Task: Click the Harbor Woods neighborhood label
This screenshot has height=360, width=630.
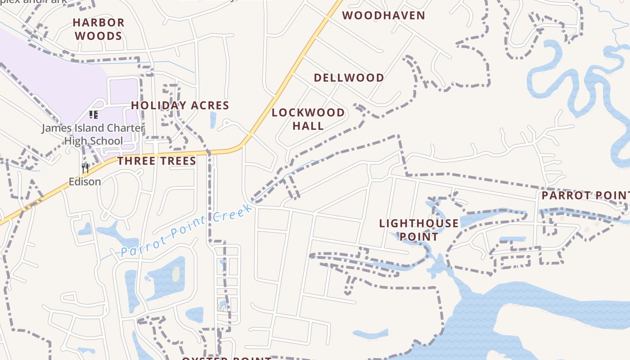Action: pos(98,29)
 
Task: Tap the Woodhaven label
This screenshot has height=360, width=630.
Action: pos(383,15)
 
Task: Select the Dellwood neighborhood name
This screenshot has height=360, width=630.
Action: pos(349,77)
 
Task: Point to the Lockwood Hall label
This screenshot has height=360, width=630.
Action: pos(308,119)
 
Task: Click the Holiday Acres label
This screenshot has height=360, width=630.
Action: pos(180,105)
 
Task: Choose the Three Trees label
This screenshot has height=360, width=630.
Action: pos(157,161)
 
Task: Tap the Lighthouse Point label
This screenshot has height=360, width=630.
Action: pos(419,229)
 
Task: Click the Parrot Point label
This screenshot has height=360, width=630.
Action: pos(585,195)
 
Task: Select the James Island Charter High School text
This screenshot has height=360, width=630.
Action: pos(93,135)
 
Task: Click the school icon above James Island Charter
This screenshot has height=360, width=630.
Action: pos(93,115)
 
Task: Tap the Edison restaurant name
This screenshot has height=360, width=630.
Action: pos(85,182)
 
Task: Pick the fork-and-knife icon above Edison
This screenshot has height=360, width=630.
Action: pos(85,168)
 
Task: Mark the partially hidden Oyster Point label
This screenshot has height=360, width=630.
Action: pos(226,358)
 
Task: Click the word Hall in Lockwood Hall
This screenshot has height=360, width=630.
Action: pos(308,126)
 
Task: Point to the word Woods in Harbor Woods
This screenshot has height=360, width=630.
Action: pos(98,36)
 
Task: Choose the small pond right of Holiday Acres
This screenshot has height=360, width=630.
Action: pos(213,119)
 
